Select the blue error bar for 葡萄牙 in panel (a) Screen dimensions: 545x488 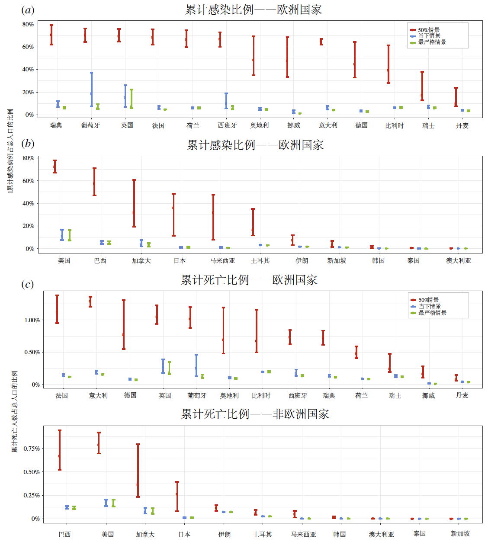point(92,90)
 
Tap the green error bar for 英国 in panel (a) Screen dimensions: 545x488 point(132,99)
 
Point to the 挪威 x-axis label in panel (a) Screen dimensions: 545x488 point(294,125)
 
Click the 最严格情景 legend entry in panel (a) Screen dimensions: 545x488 point(431,42)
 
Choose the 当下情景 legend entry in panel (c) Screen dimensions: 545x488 point(429,306)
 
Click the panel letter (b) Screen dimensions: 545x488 point(28,144)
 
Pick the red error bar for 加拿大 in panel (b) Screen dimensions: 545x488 point(134,203)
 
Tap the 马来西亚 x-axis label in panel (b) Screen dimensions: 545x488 point(222,261)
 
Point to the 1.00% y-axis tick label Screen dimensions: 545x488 point(32,320)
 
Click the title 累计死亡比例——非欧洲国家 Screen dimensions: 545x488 point(255,414)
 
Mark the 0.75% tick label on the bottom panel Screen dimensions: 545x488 point(32,449)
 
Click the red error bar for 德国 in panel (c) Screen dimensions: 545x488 point(124,324)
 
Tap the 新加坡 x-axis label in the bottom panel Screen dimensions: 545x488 point(460,534)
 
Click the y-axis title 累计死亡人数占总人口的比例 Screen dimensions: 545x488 point(14,411)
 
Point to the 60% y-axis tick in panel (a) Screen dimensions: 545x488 point(28,47)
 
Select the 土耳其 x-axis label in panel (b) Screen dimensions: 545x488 point(260,261)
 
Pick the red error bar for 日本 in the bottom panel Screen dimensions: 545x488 point(177,497)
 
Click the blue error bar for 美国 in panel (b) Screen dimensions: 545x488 point(62,235)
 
